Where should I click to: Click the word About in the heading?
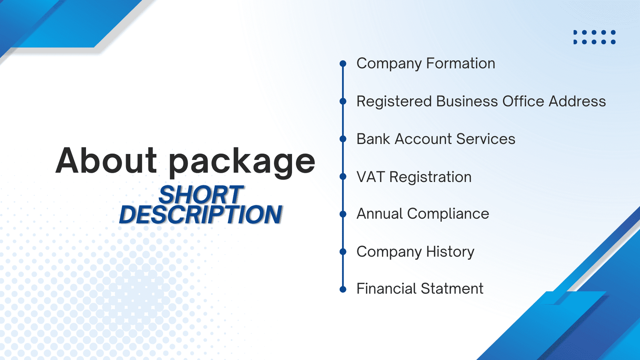pos(106,160)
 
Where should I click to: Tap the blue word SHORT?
pos(201,194)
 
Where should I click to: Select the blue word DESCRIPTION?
pos(200,214)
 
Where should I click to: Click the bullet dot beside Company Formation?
pos(343,64)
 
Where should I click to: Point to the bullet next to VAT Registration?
pos(343,176)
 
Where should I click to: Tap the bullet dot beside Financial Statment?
pos(343,290)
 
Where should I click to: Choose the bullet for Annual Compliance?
pos(343,214)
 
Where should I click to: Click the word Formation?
pos(460,63)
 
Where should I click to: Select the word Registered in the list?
pos(394,102)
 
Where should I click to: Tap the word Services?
pos(486,139)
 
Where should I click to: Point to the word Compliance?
pos(448,214)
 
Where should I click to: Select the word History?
pos(450,252)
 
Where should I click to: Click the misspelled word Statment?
pos(452,288)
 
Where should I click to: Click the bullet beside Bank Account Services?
pos(343,139)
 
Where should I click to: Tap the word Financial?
pos(387,288)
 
